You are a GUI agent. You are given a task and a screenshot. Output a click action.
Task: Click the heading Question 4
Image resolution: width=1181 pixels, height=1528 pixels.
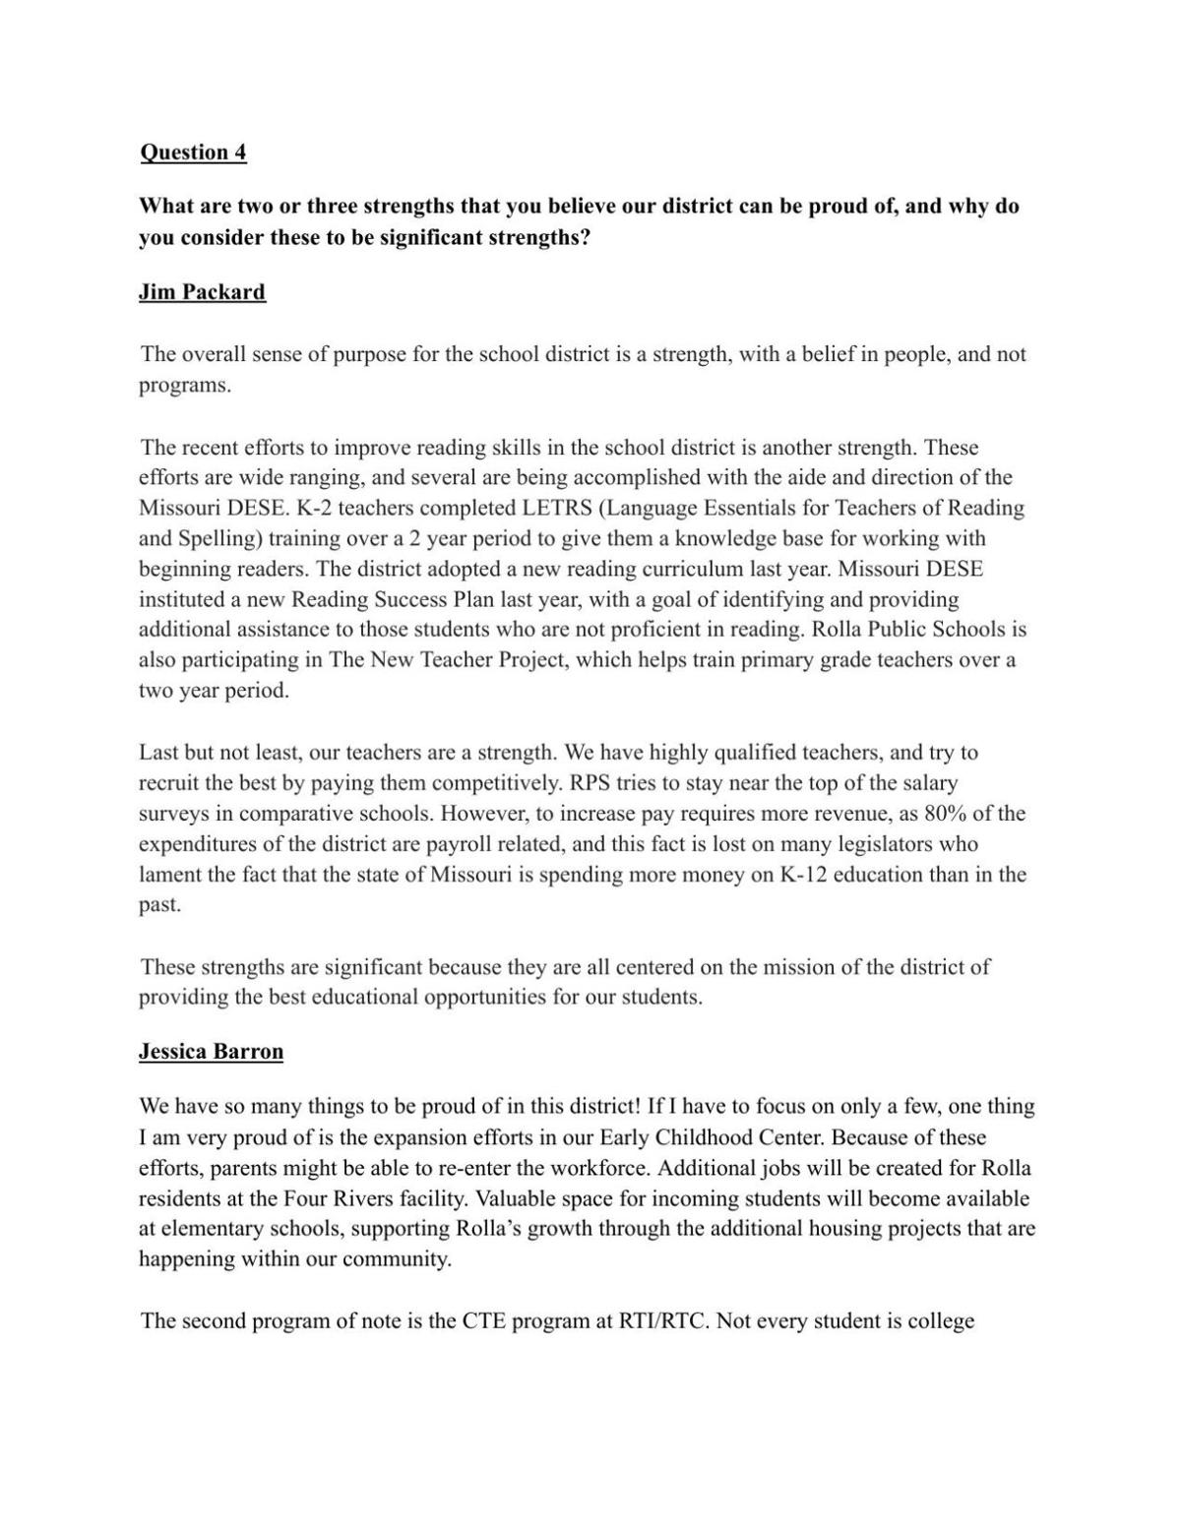coord(193,152)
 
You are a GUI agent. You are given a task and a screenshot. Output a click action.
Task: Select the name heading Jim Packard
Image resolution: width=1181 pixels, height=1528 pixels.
coord(202,292)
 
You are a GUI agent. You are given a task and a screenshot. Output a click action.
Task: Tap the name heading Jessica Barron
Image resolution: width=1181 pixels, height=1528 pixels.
coord(211,1051)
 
